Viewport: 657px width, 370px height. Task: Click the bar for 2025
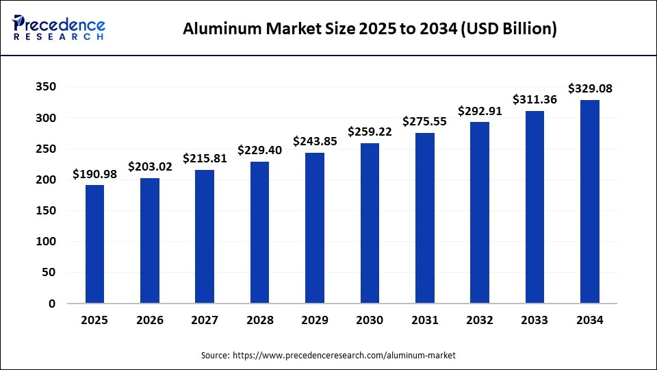(95, 244)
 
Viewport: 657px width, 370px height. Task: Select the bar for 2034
(590, 201)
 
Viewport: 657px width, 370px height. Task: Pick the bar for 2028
(260, 232)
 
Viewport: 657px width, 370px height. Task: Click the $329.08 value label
(590, 88)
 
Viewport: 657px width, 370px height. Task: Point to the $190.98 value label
(95, 175)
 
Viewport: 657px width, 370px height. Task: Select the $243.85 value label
(315, 141)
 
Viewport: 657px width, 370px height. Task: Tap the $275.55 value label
(425, 121)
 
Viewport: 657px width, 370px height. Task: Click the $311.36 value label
(535, 99)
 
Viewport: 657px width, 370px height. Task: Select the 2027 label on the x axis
(205, 320)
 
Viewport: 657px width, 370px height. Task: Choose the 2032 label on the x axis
(480, 320)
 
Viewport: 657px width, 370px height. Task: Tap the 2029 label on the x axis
(315, 320)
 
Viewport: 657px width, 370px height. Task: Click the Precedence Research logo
(58, 27)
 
